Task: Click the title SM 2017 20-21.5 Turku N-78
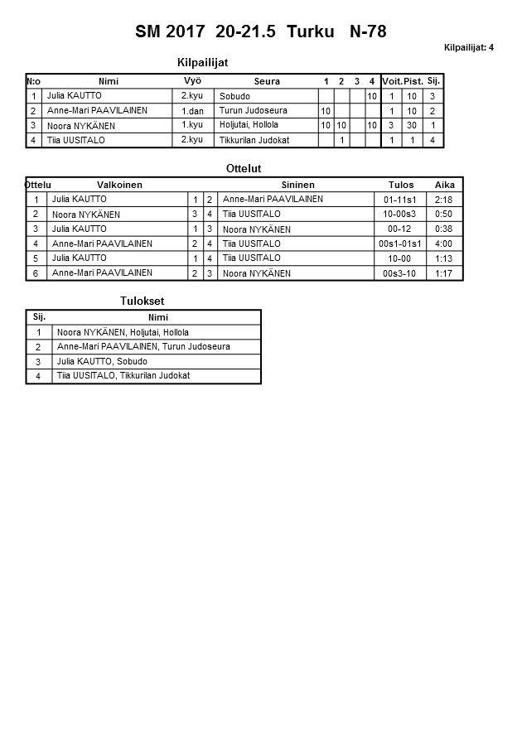[x=260, y=32]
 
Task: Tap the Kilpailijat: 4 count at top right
[x=468, y=47]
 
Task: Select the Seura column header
[x=267, y=81]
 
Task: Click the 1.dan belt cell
[x=192, y=111]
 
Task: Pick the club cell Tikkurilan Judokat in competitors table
[x=254, y=140]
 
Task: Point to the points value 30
[x=413, y=125]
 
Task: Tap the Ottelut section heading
[x=244, y=169]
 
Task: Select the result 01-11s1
[x=401, y=200]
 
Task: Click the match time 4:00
[x=444, y=244]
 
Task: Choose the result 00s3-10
[x=401, y=273]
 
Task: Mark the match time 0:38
[x=444, y=229]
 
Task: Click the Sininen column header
[x=297, y=185]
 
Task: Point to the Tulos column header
[x=401, y=185]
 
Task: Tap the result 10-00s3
[x=401, y=215]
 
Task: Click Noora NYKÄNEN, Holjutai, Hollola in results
[x=123, y=332]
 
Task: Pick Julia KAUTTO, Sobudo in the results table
[x=102, y=362]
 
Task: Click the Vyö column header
[x=192, y=80]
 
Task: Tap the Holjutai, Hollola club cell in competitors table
[x=249, y=125]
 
